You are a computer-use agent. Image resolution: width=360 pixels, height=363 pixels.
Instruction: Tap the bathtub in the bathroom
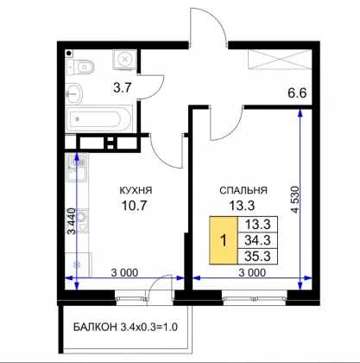(98, 119)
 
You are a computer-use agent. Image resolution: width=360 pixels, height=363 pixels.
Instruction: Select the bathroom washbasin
(74, 93)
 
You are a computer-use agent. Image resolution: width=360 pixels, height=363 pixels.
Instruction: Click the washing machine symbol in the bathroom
(124, 60)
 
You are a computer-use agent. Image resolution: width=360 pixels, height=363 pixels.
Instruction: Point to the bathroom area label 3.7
(123, 87)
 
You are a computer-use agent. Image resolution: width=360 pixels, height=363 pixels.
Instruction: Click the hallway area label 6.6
(297, 93)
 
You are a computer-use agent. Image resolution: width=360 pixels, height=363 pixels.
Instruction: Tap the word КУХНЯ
(136, 190)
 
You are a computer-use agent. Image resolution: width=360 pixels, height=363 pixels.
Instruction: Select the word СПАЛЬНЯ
(243, 190)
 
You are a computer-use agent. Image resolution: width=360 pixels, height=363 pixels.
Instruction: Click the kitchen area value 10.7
(135, 206)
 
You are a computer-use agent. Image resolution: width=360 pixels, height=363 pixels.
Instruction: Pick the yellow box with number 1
(224, 240)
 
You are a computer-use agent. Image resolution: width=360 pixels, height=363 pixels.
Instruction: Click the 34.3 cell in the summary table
(257, 240)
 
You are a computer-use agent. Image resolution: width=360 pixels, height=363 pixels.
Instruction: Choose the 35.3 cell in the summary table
(257, 256)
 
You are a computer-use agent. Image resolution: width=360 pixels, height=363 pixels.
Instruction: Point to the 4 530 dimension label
(295, 200)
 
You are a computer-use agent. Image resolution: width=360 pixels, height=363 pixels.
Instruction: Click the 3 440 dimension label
(72, 220)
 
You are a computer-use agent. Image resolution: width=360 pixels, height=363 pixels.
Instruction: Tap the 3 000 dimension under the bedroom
(252, 272)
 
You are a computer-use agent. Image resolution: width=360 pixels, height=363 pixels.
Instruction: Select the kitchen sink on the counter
(77, 167)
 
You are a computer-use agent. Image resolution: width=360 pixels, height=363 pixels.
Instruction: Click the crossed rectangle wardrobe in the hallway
(280, 60)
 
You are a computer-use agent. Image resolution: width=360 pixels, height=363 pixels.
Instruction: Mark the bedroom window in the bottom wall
(255, 297)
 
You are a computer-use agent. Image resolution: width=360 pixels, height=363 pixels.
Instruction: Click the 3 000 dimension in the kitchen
(124, 272)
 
